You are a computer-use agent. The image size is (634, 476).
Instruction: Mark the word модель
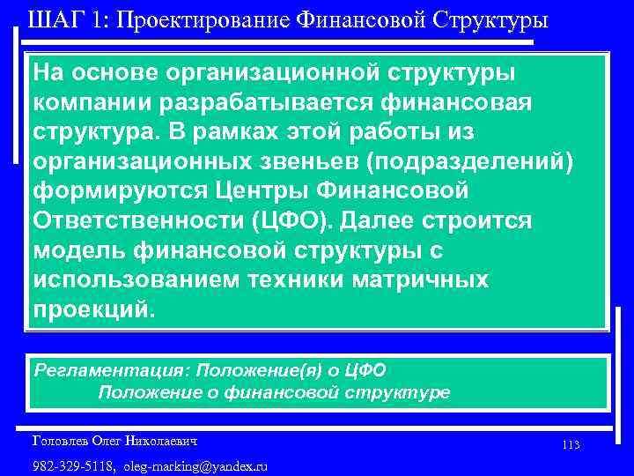click(x=77, y=249)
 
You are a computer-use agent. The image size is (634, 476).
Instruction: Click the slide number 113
click(x=570, y=445)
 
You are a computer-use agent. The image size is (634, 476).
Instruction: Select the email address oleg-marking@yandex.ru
click(x=196, y=465)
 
